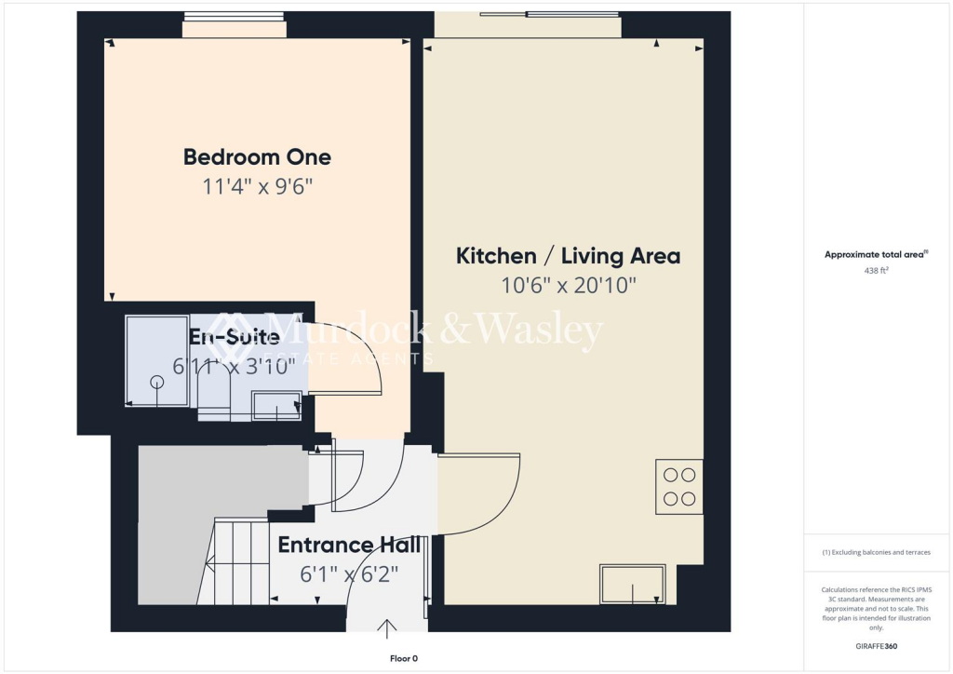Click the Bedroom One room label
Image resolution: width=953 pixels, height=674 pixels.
(257, 156)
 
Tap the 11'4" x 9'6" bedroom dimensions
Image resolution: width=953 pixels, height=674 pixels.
(257, 186)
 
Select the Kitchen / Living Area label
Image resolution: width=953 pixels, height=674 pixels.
(568, 255)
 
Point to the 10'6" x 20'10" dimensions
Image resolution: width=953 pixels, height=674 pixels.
(568, 286)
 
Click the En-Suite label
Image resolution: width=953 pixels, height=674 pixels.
(234, 336)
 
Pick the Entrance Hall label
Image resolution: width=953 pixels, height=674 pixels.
(349, 545)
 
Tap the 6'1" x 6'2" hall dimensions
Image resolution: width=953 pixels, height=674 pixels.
(349, 574)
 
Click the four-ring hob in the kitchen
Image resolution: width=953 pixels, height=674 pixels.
(678, 486)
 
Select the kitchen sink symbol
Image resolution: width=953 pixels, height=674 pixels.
(633, 584)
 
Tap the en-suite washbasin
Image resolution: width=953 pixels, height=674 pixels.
(276, 405)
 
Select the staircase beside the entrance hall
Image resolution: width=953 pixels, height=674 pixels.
(233, 561)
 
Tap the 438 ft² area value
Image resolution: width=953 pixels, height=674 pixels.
(878, 272)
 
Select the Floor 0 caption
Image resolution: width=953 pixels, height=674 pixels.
(403, 658)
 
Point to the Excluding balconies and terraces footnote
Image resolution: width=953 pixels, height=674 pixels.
(877, 552)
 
